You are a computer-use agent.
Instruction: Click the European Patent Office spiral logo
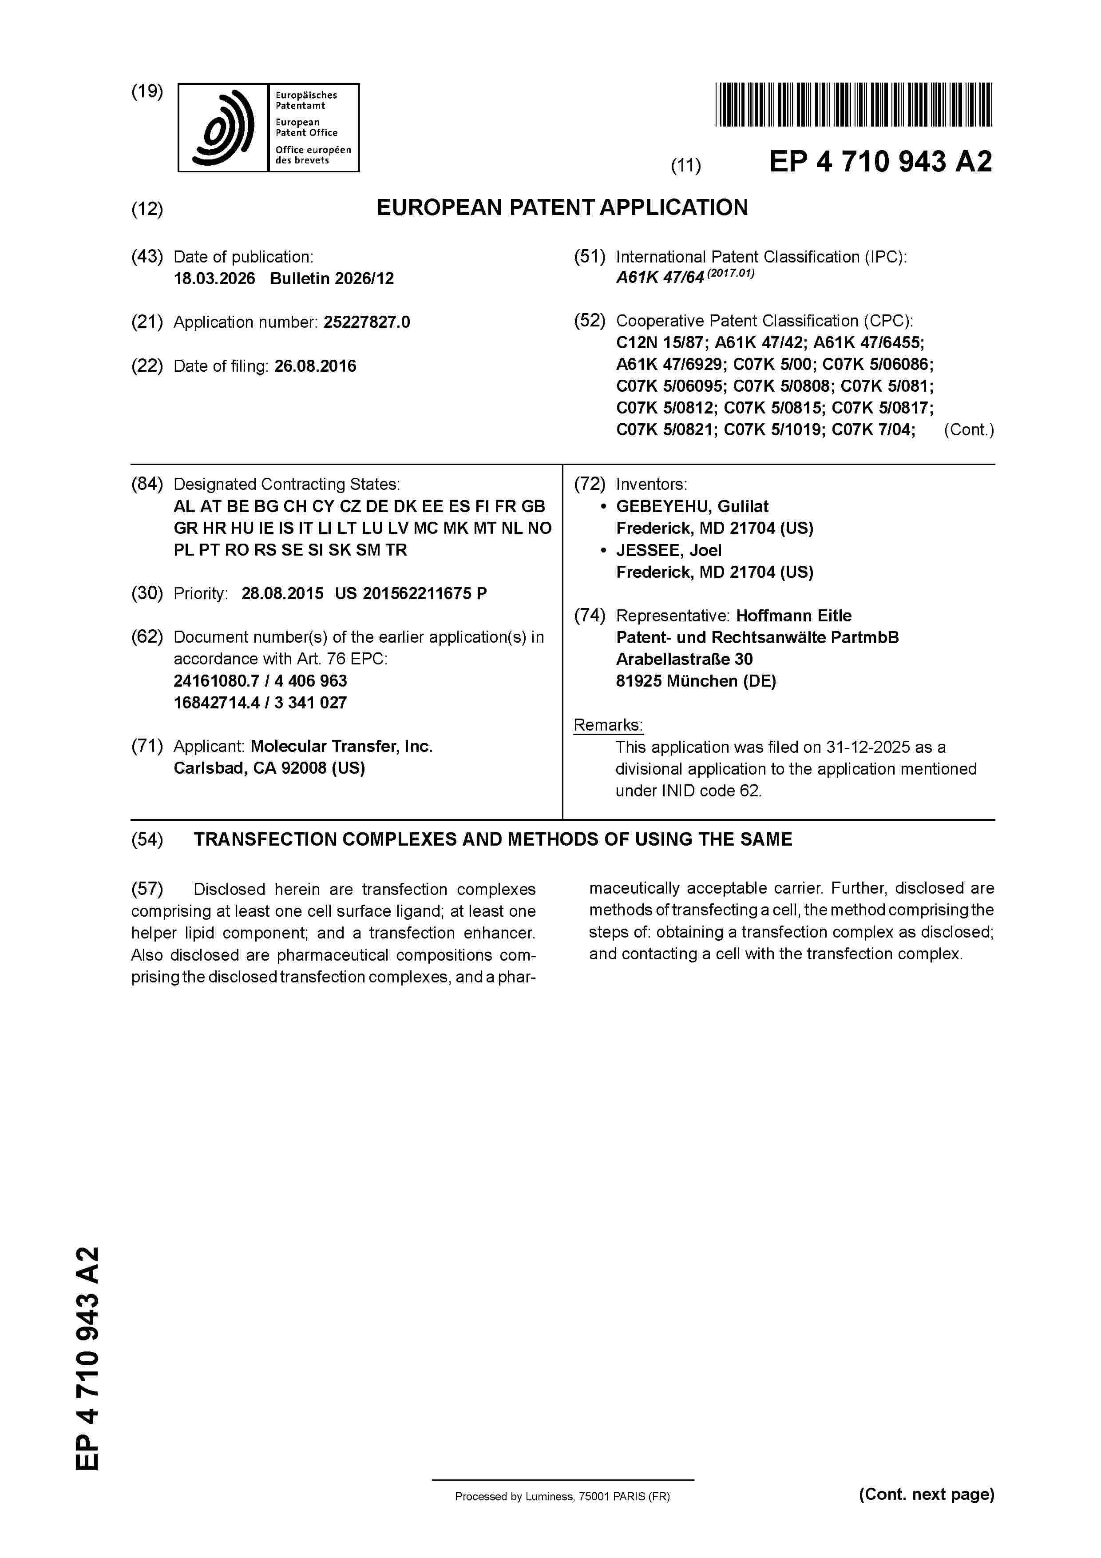(x=223, y=127)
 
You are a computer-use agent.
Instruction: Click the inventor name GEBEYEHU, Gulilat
(x=692, y=506)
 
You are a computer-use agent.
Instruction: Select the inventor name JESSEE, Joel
(x=668, y=550)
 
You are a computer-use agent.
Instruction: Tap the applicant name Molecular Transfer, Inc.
(x=341, y=747)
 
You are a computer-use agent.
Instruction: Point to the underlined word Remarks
(x=608, y=725)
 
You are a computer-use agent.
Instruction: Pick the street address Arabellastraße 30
(x=684, y=659)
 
